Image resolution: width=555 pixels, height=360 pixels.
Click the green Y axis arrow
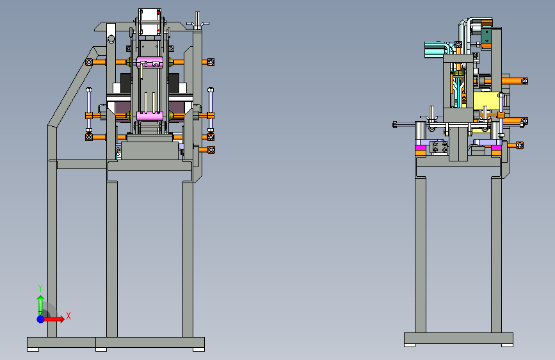pyautogui.click(x=40, y=305)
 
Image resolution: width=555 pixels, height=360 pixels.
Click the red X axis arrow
pyautogui.click(x=54, y=319)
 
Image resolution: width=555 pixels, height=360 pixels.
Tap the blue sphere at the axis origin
pyautogui.click(x=41, y=319)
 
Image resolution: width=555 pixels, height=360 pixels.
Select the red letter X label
pyautogui.click(x=68, y=316)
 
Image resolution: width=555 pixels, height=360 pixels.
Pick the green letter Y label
pyautogui.click(x=40, y=288)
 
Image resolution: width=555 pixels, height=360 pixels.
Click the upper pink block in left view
pyautogui.click(x=149, y=62)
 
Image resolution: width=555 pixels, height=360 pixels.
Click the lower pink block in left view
pyautogui.click(x=149, y=116)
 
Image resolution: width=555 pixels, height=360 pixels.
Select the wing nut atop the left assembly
pyautogui.click(x=197, y=22)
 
